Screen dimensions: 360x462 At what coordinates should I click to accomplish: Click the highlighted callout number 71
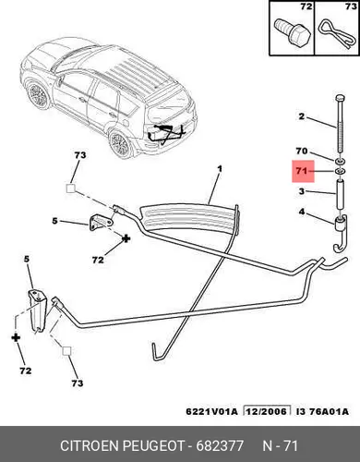[302, 171]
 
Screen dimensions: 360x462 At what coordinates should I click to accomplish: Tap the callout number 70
[302, 151]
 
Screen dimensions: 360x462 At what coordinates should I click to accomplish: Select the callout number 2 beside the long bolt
[301, 116]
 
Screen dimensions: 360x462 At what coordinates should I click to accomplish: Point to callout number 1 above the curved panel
[220, 169]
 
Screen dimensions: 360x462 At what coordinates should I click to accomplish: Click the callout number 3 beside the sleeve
[302, 191]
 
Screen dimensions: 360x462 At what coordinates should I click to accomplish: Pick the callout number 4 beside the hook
[302, 212]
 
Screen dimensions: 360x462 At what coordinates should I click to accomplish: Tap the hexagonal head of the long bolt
[340, 99]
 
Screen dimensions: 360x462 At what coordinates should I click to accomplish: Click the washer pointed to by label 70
[340, 162]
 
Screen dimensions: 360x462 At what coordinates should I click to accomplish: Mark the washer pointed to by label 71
[340, 171]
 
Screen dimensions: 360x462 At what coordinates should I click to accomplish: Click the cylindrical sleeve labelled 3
[340, 195]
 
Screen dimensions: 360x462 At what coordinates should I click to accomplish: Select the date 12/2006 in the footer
[267, 411]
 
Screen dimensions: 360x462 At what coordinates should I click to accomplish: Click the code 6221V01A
[211, 411]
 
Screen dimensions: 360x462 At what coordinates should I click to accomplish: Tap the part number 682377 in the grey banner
[220, 445]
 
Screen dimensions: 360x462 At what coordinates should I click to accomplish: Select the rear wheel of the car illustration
[120, 144]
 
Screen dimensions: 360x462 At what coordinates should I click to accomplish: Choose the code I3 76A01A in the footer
[322, 411]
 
